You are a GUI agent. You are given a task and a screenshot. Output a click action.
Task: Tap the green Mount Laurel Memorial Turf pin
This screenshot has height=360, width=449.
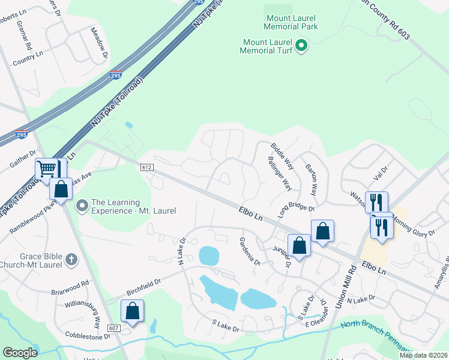click(x=303, y=46)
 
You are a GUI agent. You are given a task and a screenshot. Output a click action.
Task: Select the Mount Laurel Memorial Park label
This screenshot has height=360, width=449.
click(x=291, y=22)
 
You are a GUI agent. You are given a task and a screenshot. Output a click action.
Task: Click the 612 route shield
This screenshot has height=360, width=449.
click(x=148, y=166)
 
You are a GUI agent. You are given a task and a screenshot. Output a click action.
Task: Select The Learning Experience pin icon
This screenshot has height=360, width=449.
click(x=82, y=206)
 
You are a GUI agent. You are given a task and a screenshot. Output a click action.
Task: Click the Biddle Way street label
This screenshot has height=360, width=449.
click(x=282, y=155)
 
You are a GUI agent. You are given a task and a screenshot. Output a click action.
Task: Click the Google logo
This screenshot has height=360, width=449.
click(x=20, y=353)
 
